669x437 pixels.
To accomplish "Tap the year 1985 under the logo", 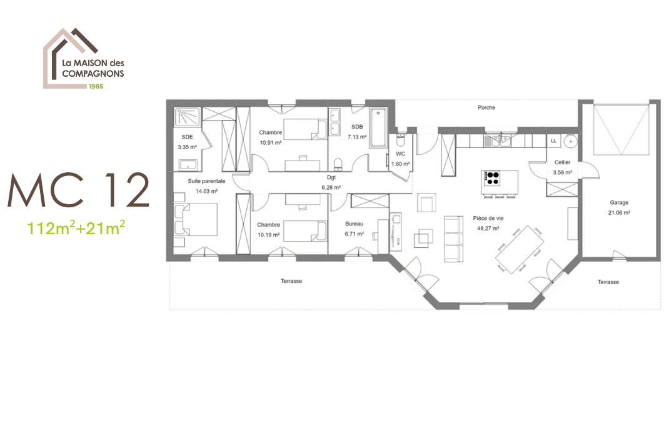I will point(95,86).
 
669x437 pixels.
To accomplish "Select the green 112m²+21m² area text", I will point(76,228).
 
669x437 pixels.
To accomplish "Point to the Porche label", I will point(486,107).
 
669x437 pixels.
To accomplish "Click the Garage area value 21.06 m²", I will point(620,212).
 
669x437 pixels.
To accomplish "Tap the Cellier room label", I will point(562,162).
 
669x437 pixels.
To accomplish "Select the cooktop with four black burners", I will point(493,178).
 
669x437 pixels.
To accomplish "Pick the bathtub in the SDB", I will point(379,129).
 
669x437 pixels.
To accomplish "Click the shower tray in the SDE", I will point(188,117).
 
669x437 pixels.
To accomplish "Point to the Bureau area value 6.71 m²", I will point(355,234).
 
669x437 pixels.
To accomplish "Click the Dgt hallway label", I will point(331,178).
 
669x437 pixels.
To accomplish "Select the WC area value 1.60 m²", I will point(401,164).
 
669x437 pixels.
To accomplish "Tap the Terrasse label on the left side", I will point(291,281).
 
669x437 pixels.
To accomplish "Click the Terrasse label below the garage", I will point(608,282).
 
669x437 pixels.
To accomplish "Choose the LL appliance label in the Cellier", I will point(553,141).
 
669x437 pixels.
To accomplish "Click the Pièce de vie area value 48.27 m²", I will point(488,228).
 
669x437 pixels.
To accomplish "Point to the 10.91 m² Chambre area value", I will point(270,142).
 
